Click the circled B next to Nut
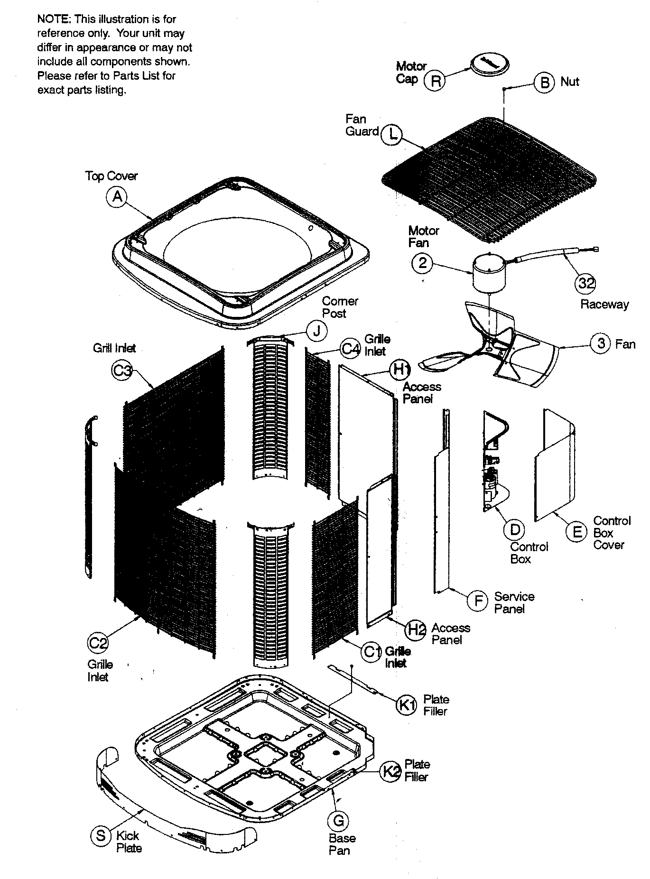544,82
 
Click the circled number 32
586,283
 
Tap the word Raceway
604,305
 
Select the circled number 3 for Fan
601,342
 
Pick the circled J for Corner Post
316,331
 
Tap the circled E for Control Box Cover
576,532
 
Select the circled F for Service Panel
477,601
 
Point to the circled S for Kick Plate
101,835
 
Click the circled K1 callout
406,705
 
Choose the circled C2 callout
98,643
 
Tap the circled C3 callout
121,370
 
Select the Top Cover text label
111,176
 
